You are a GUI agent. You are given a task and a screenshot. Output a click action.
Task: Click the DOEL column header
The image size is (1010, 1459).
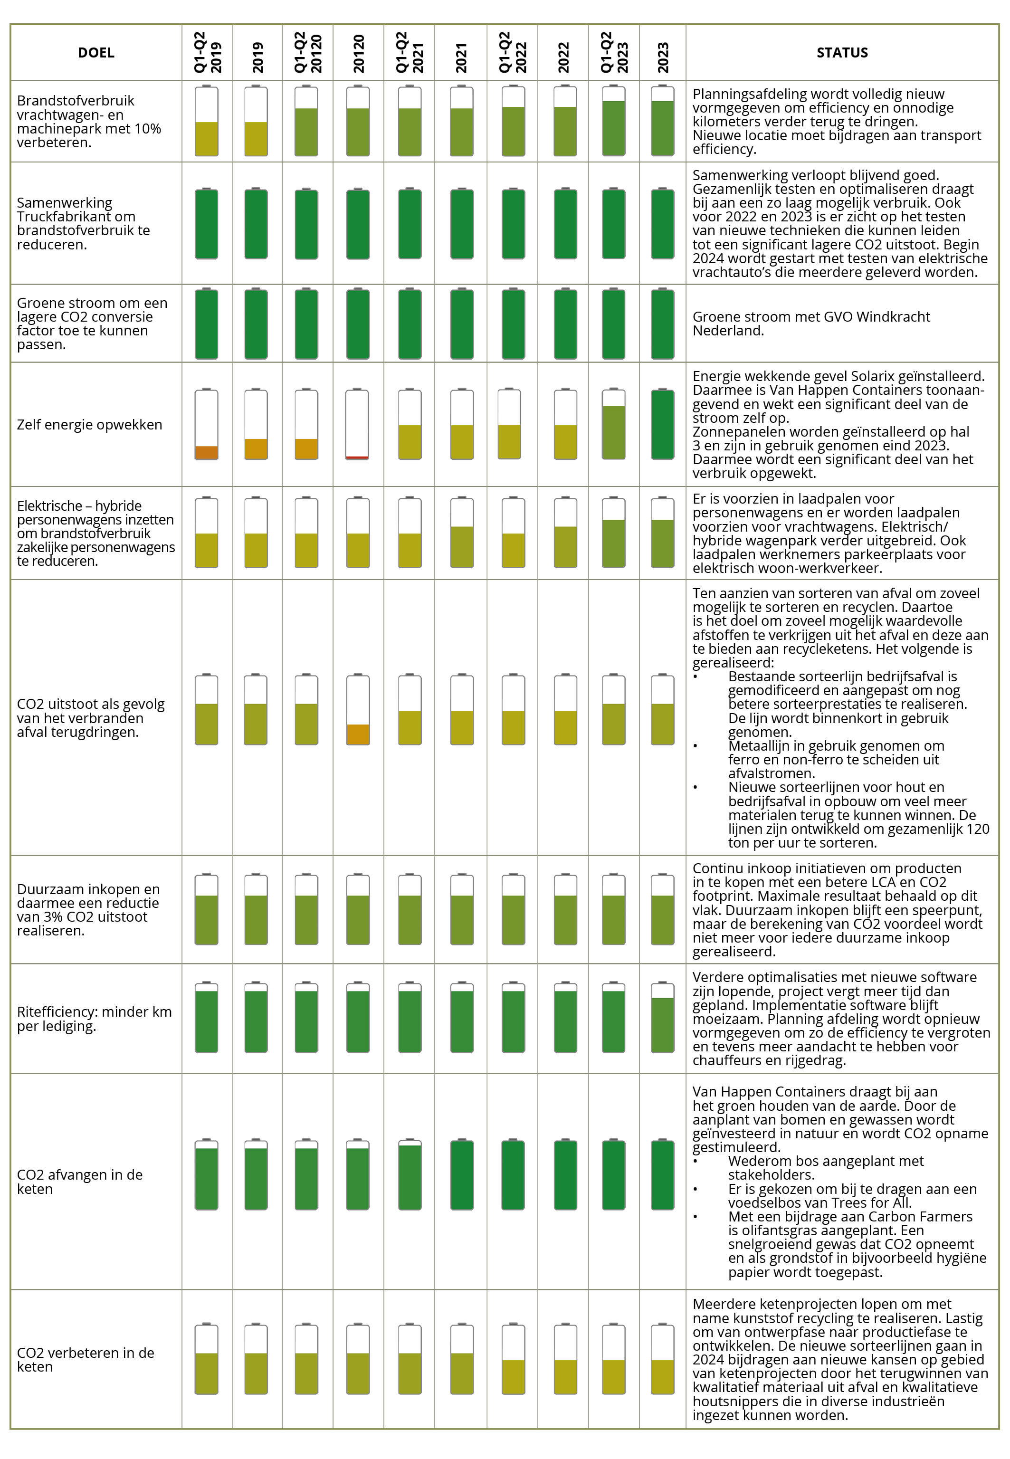click(96, 53)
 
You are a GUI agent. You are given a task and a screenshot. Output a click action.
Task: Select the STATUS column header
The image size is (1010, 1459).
click(842, 53)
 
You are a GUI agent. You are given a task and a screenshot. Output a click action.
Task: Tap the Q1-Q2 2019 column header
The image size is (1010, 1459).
click(208, 53)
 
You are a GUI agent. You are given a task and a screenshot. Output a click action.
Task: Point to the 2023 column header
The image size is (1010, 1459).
click(663, 57)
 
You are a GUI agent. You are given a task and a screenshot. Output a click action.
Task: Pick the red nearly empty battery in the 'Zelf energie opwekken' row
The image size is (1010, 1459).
click(357, 424)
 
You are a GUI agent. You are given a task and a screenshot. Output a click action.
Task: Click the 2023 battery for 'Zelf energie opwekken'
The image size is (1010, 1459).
click(663, 424)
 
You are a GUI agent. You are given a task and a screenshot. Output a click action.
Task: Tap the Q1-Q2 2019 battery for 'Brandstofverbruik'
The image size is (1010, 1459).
click(206, 120)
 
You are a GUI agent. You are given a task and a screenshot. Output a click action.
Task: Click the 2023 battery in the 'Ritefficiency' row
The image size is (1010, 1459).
click(663, 1017)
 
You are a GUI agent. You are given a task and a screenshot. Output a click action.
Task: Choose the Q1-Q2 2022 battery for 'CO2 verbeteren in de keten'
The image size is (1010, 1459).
click(513, 1358)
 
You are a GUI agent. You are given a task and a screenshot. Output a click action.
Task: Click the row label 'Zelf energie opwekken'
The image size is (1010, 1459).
click(89, 425)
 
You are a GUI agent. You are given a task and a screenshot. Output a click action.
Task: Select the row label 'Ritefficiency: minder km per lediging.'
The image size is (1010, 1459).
click(94, 1019)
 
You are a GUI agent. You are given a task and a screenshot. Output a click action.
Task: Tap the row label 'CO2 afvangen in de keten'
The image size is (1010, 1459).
click(80, 1181)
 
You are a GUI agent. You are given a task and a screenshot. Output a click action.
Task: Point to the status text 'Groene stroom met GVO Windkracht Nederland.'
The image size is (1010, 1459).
click(811, 324)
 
